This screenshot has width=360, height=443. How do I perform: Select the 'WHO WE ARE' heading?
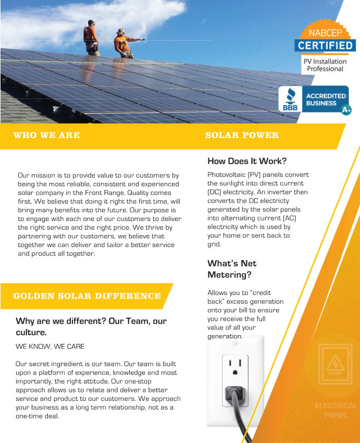[x=47, y=136]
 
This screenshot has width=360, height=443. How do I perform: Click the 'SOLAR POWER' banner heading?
[x=242, y=136]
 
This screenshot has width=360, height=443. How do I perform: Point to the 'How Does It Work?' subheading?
[x=247, y=161]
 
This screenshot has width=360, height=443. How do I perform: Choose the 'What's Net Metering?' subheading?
[x=232, y=269]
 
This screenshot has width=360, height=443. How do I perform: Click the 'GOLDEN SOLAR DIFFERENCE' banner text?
[x=87, y=296]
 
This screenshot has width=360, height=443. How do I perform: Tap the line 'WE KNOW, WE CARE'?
[x=50, y=346]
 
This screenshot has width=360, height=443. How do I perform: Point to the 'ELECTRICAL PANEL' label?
[x=336, y=410]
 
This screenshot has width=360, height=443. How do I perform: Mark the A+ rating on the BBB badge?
[x=346, y=110]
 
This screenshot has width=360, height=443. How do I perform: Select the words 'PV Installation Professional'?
[x=325, y=65]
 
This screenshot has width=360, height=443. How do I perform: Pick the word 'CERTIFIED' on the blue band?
[x=325, y=45]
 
